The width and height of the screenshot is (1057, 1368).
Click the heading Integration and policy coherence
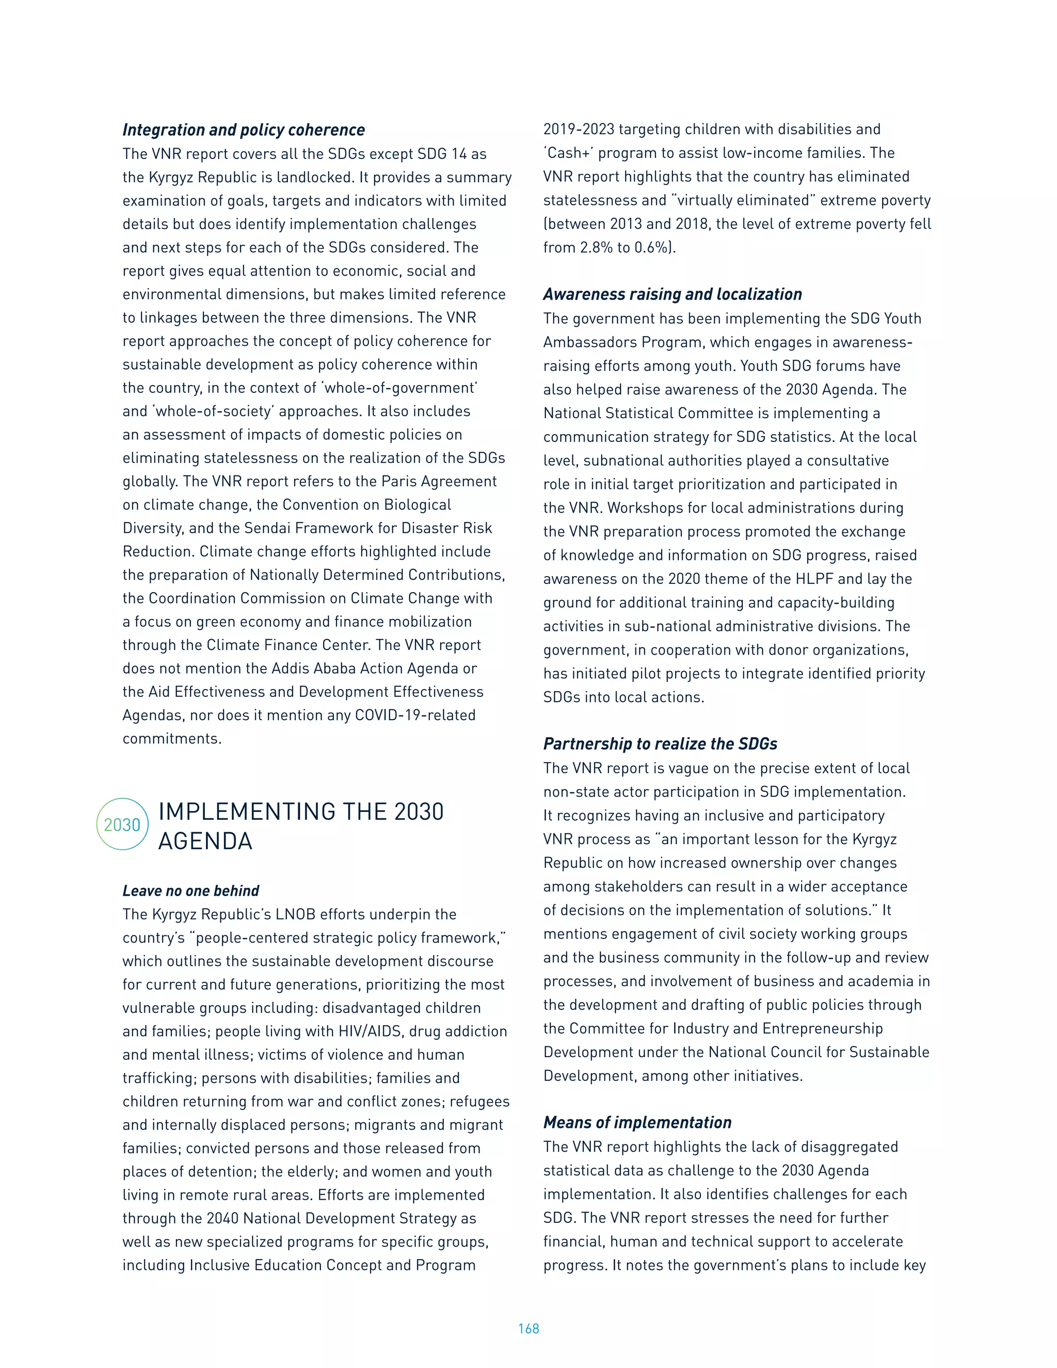(244, 130)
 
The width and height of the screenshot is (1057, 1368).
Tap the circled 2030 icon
(122, 824)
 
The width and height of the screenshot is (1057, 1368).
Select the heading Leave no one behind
(190, 890)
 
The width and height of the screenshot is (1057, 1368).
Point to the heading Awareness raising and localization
(672, 294)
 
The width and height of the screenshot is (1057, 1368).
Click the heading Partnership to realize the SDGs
(660, 743)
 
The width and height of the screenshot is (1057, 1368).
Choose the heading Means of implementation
(637, 1122)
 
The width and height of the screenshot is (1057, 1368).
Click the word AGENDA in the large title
(205, 841)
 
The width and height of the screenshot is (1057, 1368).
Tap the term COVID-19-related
(415, 715)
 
